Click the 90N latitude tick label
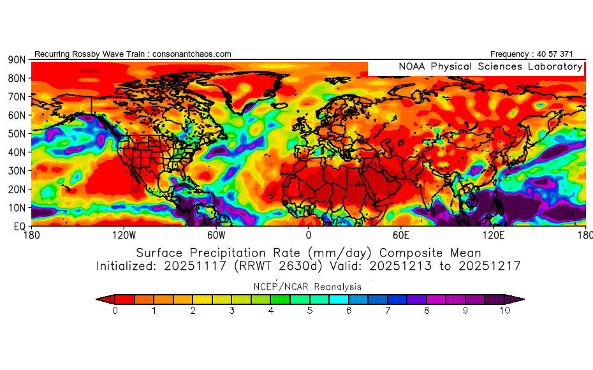[x=16, y=59]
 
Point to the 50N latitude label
[x=16, y=133]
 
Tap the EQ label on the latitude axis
[x=20, y=226]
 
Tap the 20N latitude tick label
[x=16, y=189]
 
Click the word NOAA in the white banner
[x=412, y=66]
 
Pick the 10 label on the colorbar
[x=504, y=311]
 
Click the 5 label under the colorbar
[x=309, y=311]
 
